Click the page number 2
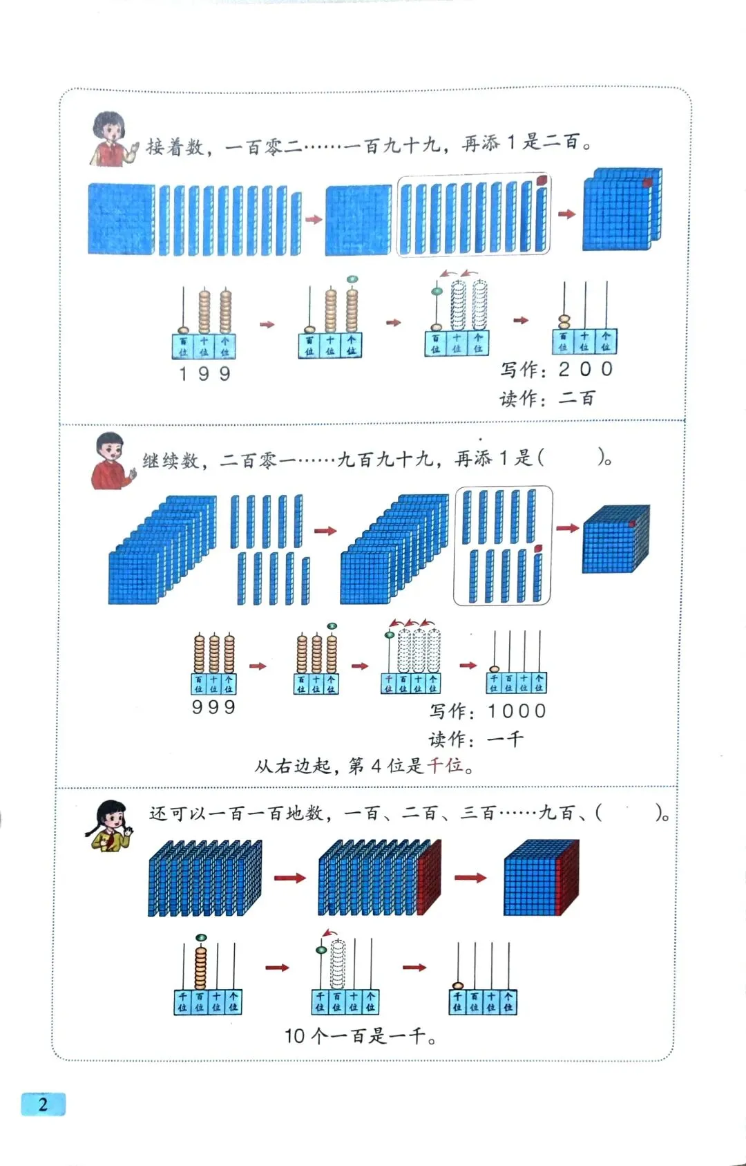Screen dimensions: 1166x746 coord(43,1104)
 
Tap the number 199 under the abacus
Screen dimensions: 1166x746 coord(204,374)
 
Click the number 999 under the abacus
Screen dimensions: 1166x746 coord(213,707)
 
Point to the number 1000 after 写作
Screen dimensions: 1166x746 coord(517,711)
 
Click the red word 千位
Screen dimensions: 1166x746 coord(446,765)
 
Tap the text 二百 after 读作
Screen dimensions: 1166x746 coord(577,398)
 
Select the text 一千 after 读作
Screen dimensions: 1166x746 coord(506,739)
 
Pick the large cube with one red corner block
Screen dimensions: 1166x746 coord(615,539)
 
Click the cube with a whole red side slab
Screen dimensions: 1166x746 coord(541,878)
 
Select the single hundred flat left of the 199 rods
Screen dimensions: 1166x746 coord(121,218)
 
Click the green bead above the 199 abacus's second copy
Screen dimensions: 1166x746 coord(352,279)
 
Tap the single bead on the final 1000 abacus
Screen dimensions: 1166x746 coord(495,669)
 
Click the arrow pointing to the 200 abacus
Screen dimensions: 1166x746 coord(521,320)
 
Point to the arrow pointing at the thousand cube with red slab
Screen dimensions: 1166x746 coord(470,878)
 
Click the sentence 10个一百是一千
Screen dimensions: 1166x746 coord(360,1035)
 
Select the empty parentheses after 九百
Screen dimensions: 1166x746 coord(629,813)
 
